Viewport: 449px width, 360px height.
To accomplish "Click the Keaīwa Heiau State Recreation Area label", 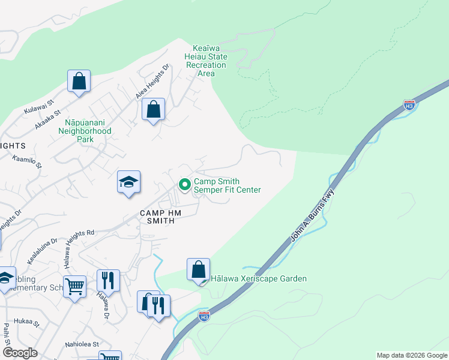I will click(x=209, y=61).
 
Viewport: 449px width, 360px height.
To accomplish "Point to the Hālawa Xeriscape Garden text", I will click(x=258, y=278).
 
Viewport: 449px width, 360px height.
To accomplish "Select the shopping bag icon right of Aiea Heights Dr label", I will click(x=153, y=109).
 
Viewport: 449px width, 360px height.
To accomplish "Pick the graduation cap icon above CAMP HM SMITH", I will click(x=128, y=182).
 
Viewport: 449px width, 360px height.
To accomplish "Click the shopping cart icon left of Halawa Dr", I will click(x=74, y=287).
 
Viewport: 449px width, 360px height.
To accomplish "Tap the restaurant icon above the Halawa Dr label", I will click(x=108, y=280).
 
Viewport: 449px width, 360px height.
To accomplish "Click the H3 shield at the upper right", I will click(x=409, y=104).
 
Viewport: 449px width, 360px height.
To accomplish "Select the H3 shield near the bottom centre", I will click(x=204, y=315).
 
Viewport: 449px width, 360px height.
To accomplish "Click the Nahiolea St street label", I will click(x=82, y=345).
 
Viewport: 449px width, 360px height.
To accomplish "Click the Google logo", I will click(x=20, y=353).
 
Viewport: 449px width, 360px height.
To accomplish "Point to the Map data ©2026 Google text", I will click(x=411, y=355).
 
